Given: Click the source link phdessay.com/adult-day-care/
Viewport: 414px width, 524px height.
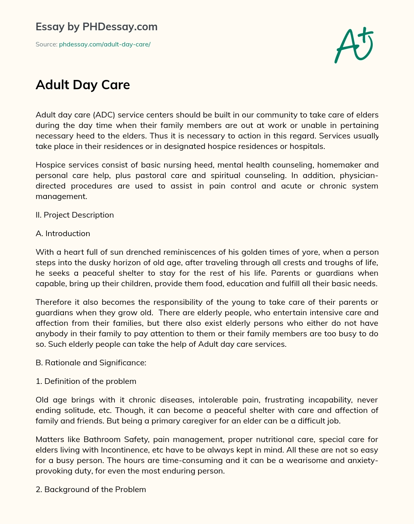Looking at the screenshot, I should (105, 44).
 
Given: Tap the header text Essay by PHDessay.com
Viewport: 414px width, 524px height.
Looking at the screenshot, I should (96, 27).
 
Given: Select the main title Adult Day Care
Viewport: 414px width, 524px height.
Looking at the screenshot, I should (82, 85).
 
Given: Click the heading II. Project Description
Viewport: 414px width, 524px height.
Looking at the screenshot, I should (75, 215).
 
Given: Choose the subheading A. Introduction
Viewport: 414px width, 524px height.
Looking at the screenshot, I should (63, 234).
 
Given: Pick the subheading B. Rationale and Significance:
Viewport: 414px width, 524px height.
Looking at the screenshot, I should (91, 363).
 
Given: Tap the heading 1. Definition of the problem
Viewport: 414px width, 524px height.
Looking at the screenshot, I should (86, 381).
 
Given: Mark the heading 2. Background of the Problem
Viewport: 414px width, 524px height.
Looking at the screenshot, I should (91, 490).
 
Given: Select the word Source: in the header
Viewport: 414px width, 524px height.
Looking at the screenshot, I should (46, 44).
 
